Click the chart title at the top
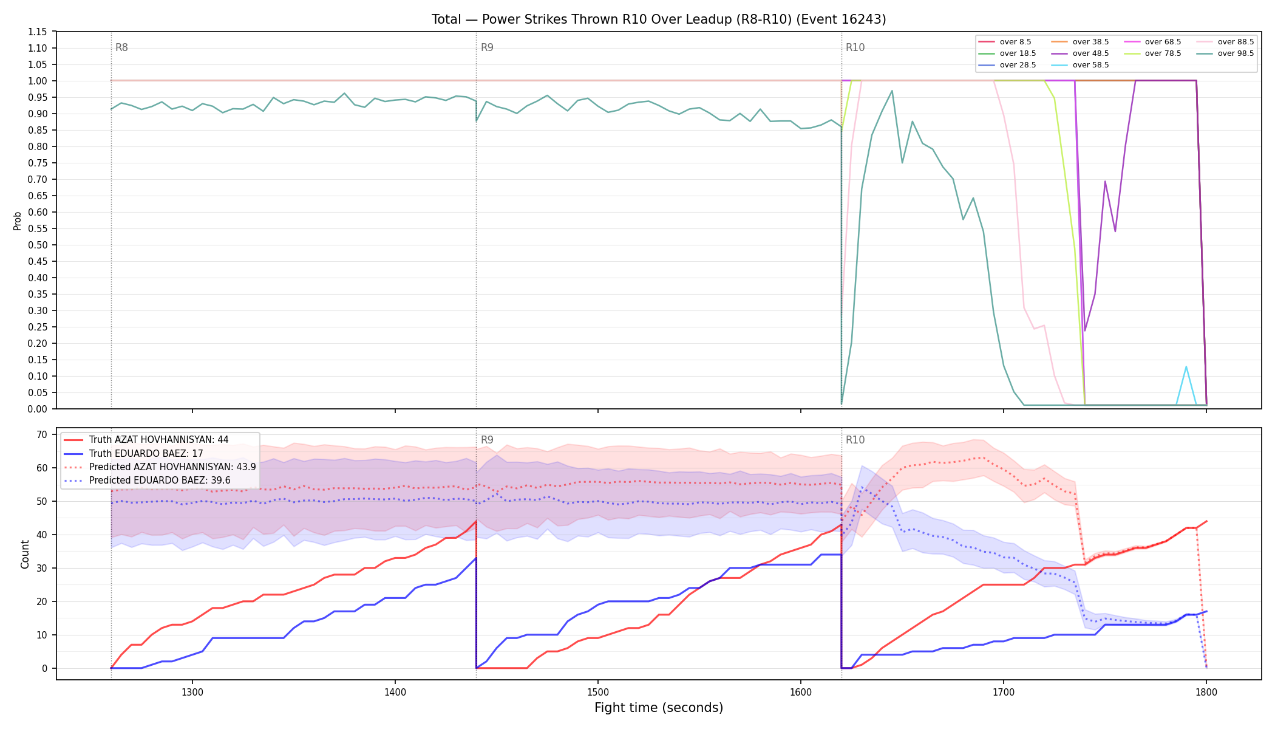pyautogui.click(x=659, y=19)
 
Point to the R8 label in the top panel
pyautogui.click(x=121, y=47)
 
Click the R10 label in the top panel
pyautogui.click(x=855, y=47)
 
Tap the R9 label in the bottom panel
pyautogui.click(x=487, y=440)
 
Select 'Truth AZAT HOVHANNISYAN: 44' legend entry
pyautogui.click(x=159, y=440)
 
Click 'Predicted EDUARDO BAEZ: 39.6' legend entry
pyautogui.click(x=160, y=481)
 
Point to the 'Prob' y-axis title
pyautogui.click(x=17, y=221)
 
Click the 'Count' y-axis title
pyautogui.click(x=25, y=554)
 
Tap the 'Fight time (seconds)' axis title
pyautogui.click(x=659, y=708)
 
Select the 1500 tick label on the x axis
pyautogui.click(x=598, y=691)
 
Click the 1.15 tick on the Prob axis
pyautogui.click(x=38, y=32)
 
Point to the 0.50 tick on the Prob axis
pyautogui.click(x=38, y=245)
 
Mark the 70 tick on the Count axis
pyautogui.click(x=42, y=434)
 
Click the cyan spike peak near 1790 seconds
pyautogui.click(x=1186, y=366)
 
